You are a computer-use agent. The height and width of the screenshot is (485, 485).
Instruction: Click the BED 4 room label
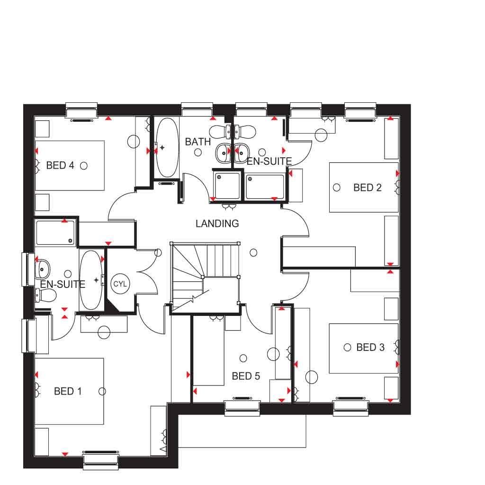point(60,165)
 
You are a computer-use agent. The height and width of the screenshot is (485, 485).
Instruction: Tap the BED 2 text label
point(368,188)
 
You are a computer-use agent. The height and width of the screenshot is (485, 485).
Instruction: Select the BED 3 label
point(370,347)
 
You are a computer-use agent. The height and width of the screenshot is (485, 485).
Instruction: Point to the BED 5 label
point(246,376)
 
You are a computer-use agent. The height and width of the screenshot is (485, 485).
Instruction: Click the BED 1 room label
point(68,391)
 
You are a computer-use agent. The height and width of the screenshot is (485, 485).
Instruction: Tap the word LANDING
point(217,224)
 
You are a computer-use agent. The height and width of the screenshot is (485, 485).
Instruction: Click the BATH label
point(198,142)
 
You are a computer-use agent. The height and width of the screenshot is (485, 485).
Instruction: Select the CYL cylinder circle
point(120,284)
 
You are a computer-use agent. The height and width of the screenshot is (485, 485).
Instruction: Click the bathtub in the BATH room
point(167,148)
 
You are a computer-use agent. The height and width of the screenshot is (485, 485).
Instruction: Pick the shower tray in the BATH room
point(227,186)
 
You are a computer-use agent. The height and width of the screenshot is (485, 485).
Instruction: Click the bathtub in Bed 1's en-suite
point(91,280)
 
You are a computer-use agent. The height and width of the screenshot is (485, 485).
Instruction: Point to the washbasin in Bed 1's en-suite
point(43,269)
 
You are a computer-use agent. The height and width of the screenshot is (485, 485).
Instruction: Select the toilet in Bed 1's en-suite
point(45,295)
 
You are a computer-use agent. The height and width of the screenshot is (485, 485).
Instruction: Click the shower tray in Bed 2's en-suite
point(265,187)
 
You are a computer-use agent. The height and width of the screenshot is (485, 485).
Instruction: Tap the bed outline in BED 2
point(364,188)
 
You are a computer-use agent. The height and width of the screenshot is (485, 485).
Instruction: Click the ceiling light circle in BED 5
point(243,358)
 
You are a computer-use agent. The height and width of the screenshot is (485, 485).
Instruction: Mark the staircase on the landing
point(205,278)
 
